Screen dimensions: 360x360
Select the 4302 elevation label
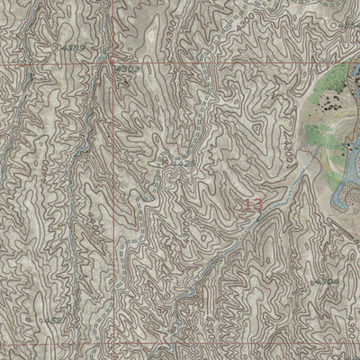click(x=129, y=67)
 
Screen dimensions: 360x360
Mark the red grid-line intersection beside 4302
click(x=116, y=65)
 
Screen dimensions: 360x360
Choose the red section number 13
click(x=253, y=205)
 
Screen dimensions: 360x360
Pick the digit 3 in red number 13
click(x=258, y=205)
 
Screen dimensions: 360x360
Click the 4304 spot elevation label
click(x=328, y=282)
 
